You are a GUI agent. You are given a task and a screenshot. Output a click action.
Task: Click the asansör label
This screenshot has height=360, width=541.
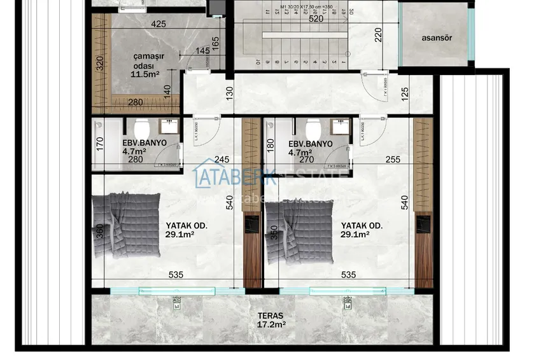coord(437,38)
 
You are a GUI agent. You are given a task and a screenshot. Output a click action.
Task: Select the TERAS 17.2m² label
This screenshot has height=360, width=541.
coord(271,320)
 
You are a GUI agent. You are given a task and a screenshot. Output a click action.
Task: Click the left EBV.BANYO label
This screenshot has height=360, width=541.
coord(144,148)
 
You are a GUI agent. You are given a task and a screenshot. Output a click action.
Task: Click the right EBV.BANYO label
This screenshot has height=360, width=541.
coord(310,148)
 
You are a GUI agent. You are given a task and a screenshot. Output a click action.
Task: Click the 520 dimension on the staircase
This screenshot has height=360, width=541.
coord(316,19)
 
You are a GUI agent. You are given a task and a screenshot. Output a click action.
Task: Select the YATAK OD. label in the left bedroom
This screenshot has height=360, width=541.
coord(186,230)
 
